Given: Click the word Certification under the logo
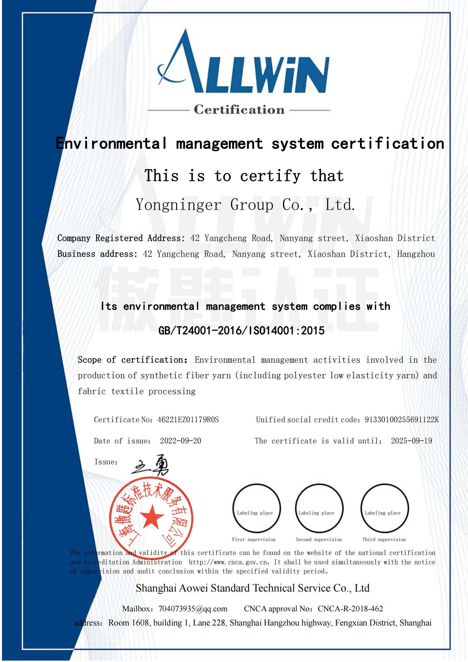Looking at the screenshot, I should pos(239,110).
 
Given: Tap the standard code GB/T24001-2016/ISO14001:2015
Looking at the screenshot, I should pos(241,331).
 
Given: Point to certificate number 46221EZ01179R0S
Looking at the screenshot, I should pos(188,419).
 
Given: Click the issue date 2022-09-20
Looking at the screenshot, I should pos(180,441).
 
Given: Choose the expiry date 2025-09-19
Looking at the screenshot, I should pos(411,441).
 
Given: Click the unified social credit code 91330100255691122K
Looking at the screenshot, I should pos(402,419).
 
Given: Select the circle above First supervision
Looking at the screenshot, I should pos(256,508).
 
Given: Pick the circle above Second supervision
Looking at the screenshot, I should pos(319,508).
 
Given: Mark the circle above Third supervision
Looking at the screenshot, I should pos(384,508).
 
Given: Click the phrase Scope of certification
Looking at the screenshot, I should pos(133,360).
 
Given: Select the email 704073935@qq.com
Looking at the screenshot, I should pos(193,609).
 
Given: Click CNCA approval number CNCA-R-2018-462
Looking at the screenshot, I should pos(350,609).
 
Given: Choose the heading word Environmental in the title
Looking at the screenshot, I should pos(111,143).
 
